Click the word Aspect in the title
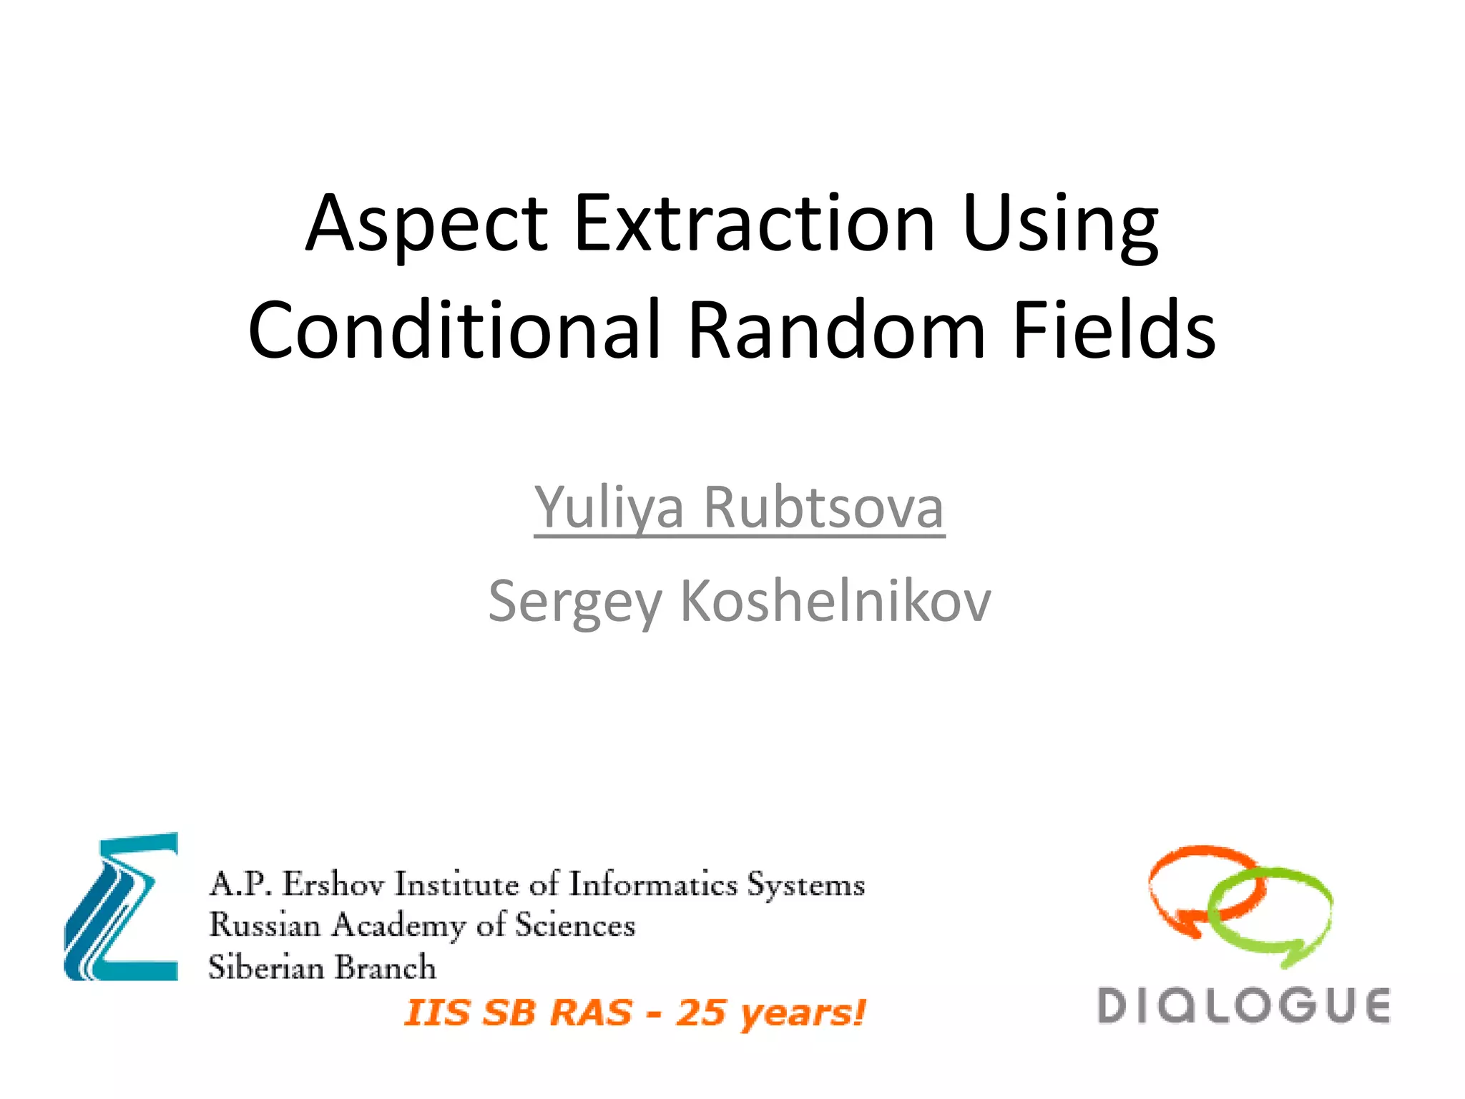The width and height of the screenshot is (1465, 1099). [426, 225]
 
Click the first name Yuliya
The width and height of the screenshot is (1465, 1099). [609, 508]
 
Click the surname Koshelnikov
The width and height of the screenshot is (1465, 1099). [835, 601]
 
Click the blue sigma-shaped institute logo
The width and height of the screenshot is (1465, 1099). [122, 907]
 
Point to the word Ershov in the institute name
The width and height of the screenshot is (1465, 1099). [333, 884]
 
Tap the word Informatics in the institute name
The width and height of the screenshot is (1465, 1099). [652, 884]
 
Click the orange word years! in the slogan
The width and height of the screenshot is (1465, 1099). [803, 1013]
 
